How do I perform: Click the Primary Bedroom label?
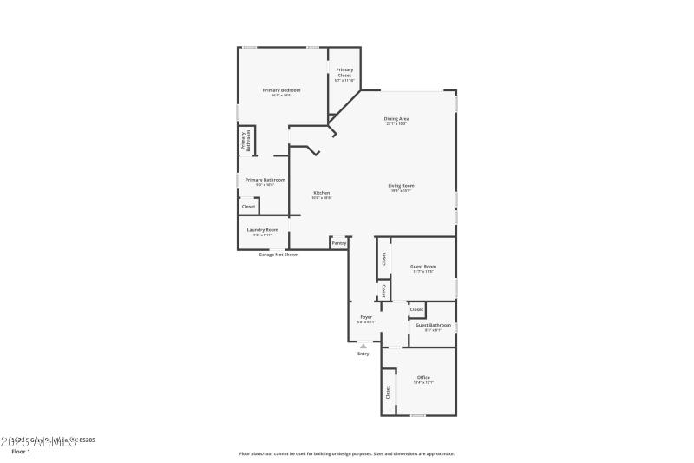(282, 90)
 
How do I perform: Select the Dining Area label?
(396, 118)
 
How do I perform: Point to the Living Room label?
(401, 185)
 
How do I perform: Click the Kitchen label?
(321, 193)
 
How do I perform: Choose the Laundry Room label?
(262, 229)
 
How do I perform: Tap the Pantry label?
(339, 243)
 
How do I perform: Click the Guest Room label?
(422, 267)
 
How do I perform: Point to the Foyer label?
(366, 317)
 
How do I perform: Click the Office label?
(423, 377)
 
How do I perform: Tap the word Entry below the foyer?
(363, 354)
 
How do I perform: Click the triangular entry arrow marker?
(363, 346)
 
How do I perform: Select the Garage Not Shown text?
(278, 255)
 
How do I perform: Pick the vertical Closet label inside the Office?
(387, 392)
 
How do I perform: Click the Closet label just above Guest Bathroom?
(416, 309)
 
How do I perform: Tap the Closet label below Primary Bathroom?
(248, 207)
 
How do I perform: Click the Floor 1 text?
(20, 452)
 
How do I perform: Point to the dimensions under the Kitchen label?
(321, 198)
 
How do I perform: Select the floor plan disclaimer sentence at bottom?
(346, 453)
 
